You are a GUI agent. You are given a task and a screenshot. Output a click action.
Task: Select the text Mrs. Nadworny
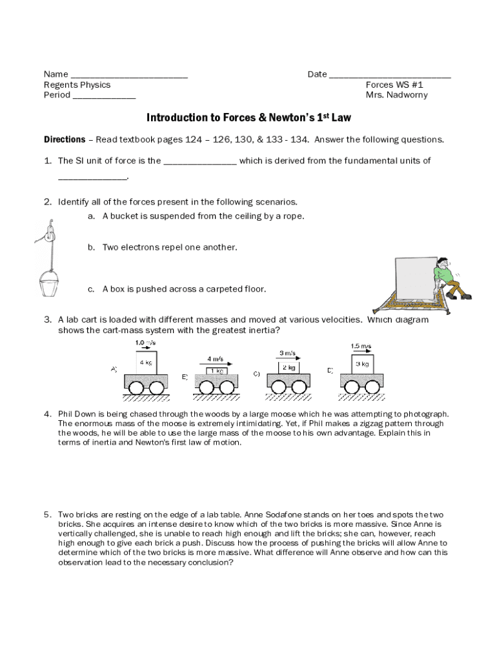tap(396, 95)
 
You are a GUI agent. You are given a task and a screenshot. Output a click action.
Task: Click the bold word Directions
tap(65, 139)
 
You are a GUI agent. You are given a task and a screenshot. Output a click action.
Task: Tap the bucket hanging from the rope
tap(50, 283)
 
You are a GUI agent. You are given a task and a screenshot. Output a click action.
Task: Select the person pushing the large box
tap(450, 278)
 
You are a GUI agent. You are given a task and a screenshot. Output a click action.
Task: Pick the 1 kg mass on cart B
tap(217, 371)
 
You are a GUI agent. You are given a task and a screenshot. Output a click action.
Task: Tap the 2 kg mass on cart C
tap(289, 367)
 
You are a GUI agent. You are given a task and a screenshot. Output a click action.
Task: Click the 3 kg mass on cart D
tap(361, 365)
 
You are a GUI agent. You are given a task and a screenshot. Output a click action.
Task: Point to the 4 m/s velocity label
tap(216, 358)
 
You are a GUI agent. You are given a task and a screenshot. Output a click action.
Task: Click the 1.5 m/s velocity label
tap(361, 346)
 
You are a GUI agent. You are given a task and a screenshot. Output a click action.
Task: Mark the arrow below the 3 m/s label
tap(287, 360)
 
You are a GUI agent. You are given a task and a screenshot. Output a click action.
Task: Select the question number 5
tap(47, 514)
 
